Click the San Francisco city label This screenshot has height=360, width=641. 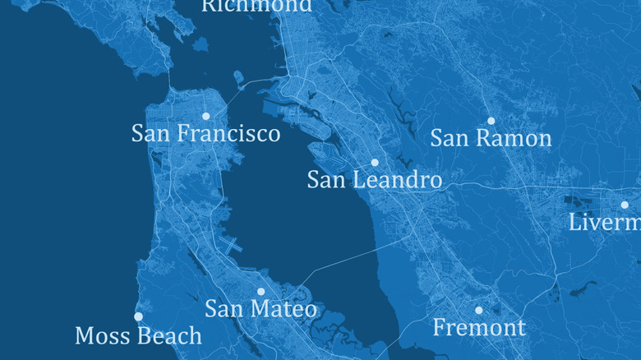[205, 133]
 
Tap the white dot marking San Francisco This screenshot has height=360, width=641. [206, 116]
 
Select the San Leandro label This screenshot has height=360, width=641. [374, 180]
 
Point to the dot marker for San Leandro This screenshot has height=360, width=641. [375, 163]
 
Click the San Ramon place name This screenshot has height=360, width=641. [491, 138]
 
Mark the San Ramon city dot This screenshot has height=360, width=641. [491, 121]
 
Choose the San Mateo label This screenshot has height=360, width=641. [261, 309]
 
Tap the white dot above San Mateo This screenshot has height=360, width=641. [261, 291]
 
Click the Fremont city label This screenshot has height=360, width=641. [478, 328]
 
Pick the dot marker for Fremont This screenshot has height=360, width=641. [479, 310]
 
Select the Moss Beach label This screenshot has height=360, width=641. [138, 335]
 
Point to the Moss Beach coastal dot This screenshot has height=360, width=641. [138, 316]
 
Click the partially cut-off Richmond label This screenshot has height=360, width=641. [257, 6]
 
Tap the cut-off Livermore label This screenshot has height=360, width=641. [605, 222]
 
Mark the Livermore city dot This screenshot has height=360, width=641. [625, 205]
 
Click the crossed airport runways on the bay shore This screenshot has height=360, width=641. [232, 245]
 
